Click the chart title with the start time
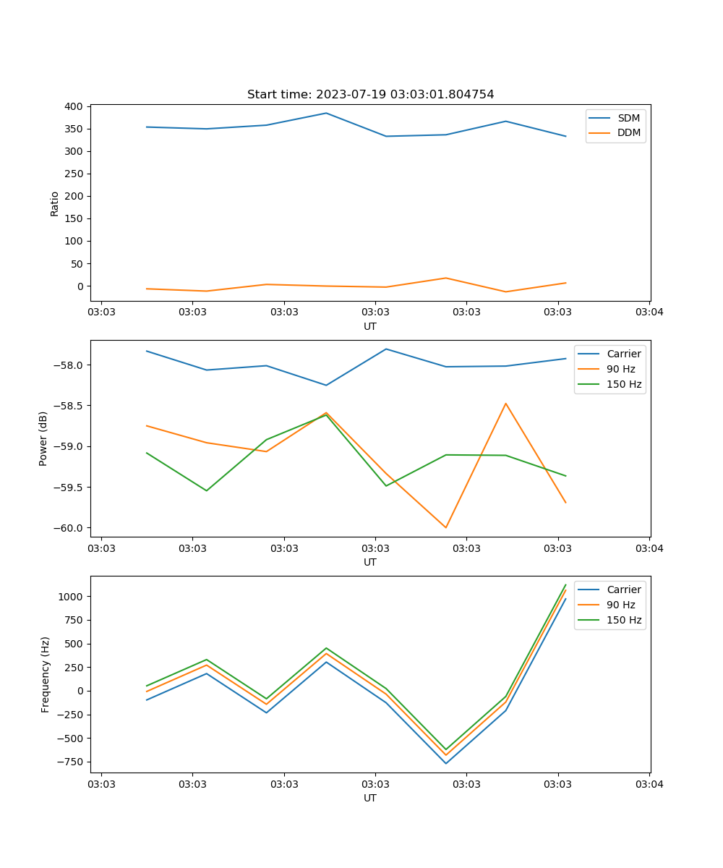370,94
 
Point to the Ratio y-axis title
54,203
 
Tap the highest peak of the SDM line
326,113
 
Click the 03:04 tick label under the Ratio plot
649,312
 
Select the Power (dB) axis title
43,438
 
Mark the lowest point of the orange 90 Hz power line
445,527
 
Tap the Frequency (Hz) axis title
45,674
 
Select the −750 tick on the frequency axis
70,762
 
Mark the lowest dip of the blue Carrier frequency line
445,763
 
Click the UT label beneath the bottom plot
370,798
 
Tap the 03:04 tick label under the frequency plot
649,784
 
